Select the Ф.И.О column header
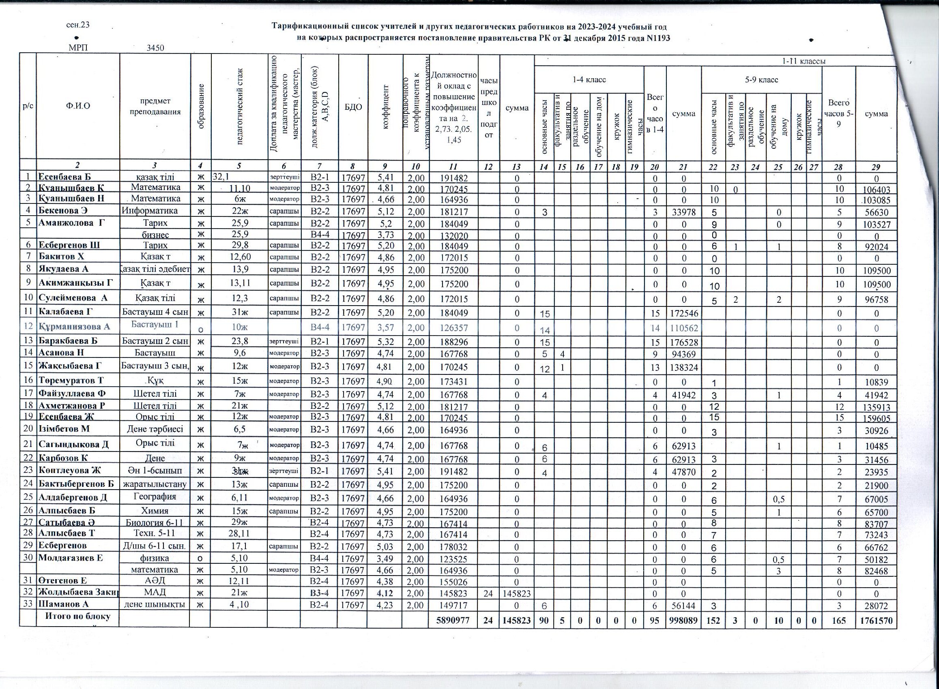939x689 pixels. (78, 106)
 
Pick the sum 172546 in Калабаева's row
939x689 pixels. (683, 313)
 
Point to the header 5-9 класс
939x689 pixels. (762, 79)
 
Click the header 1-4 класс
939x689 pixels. (589, 79)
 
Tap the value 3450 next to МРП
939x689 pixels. (155, 48)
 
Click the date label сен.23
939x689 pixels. (78, 25)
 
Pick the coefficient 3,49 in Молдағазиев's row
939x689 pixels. (385, 559)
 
